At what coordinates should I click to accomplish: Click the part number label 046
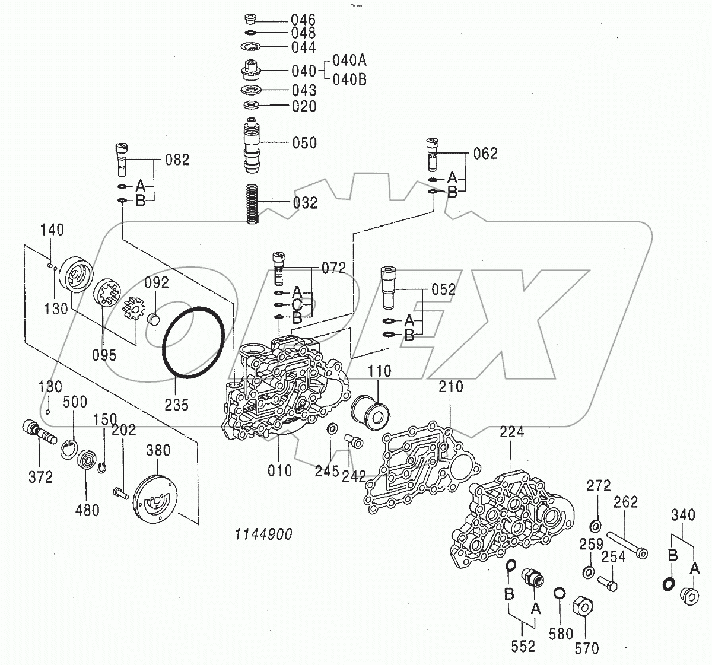point(303,20)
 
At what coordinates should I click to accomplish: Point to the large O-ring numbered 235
point(194,342)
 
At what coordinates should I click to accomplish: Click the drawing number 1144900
point(263,534)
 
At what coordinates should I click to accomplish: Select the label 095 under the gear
point(104,355)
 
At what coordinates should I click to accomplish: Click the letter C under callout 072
point(298,305)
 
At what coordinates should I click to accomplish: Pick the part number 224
point(511,432)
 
